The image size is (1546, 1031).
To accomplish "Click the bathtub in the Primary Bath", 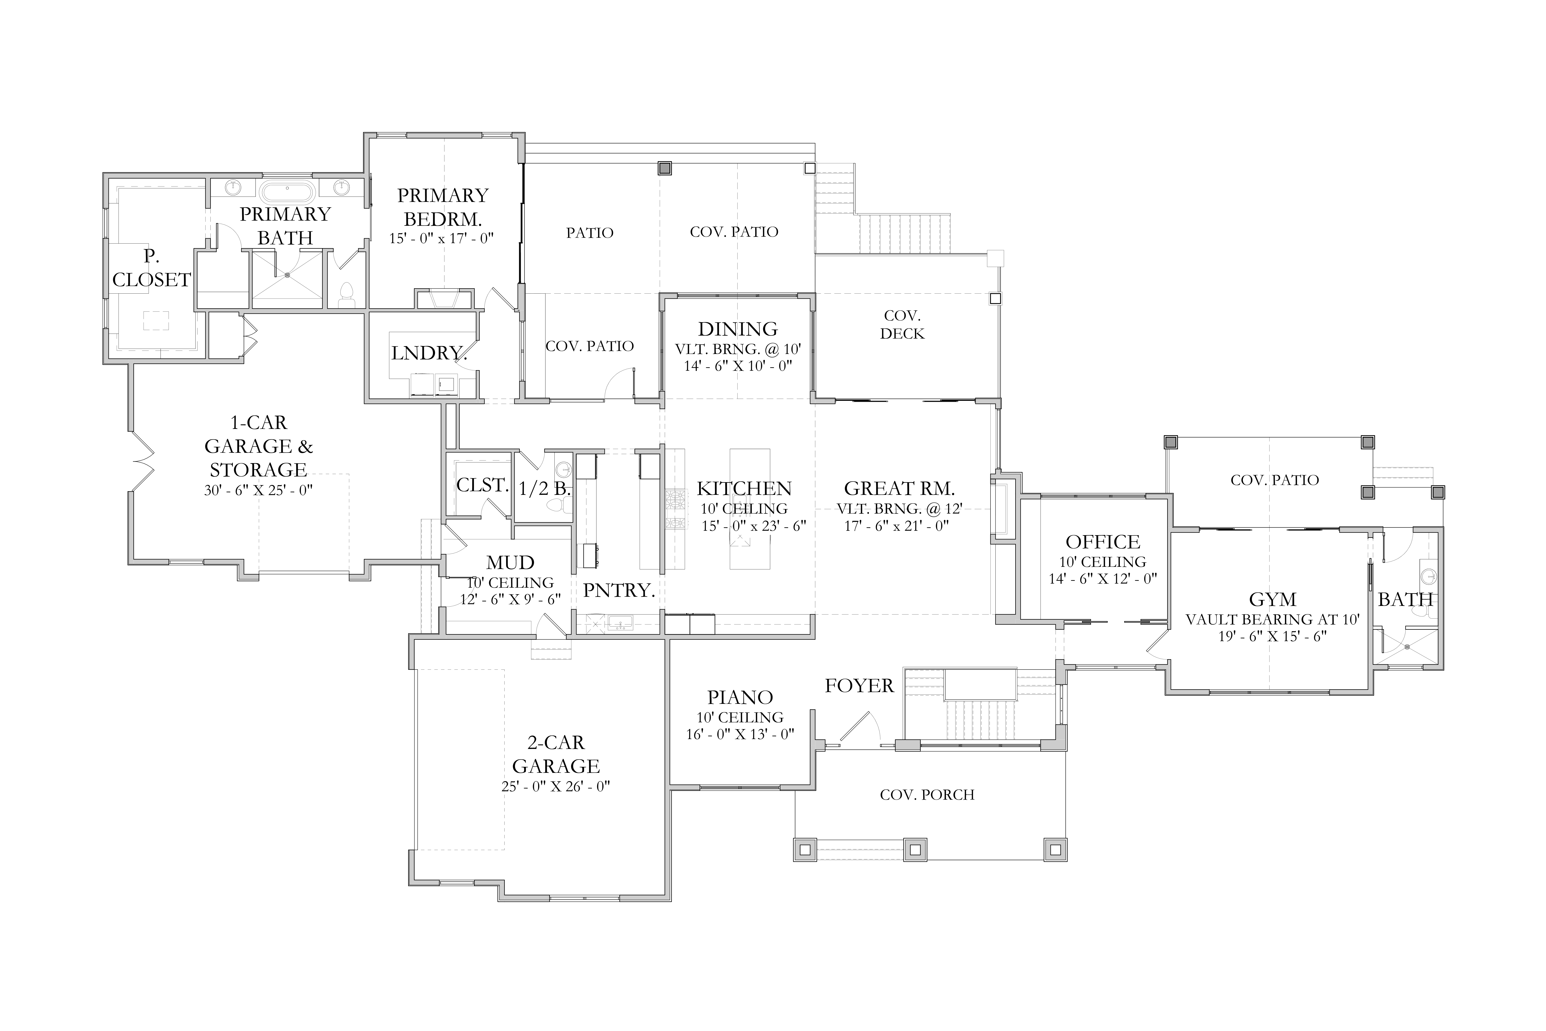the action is [287, 192].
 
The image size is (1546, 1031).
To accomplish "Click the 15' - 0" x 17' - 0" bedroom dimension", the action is [441, 238].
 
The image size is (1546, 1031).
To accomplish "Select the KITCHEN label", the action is [744, 488].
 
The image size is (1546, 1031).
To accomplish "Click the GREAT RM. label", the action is [899, 488].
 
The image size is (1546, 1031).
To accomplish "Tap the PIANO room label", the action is [740, 697].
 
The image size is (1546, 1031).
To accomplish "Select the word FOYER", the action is [859, 686].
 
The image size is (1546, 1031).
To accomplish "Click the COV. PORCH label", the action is [927, 795].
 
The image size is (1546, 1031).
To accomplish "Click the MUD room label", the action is [510, 563].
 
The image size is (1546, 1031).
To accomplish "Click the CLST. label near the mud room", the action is [482, 485].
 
